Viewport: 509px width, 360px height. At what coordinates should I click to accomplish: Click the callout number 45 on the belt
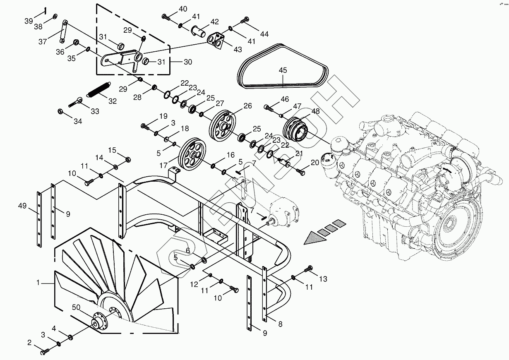click(x=283, y=70)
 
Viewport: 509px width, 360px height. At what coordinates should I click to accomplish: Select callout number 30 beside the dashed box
click(x=187, y=62)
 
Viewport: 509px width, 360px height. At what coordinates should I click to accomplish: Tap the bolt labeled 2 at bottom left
click(x=44, y=352)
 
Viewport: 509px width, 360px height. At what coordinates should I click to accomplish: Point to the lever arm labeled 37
click(x=63, y=31)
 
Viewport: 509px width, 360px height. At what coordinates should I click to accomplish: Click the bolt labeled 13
click(x=309, y=269)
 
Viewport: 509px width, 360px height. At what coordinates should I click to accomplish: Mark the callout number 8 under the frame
click(x=280, y=324)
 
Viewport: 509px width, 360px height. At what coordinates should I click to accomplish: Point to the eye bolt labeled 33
click(x=77, y=101)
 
